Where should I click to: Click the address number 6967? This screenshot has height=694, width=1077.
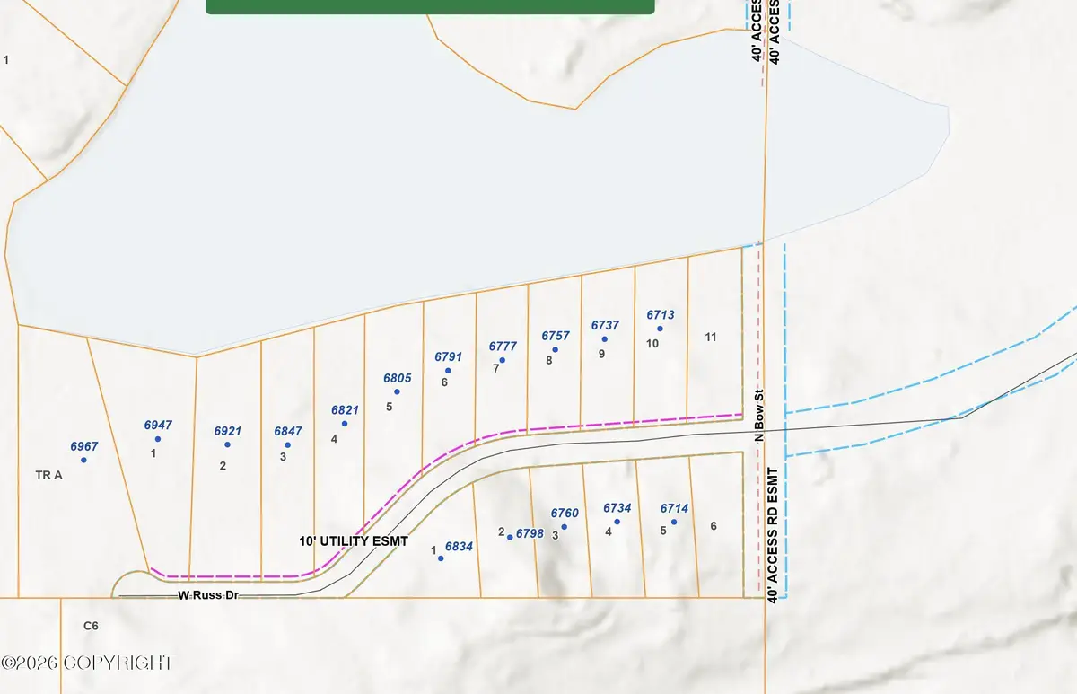(84, 445)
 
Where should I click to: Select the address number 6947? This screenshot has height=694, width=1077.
(158, 425)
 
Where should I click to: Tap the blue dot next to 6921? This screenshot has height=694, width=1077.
(227, 444)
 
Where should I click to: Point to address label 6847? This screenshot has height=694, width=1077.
(288, 431)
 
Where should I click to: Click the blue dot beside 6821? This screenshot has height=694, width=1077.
(345, 424)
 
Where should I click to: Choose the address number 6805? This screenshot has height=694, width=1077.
(398, 378)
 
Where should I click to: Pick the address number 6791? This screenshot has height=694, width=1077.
(448, 356)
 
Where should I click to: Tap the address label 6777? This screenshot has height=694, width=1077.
(503, 346)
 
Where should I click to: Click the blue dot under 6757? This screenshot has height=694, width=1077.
(556, 350)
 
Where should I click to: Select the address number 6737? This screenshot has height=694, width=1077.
(605, 325)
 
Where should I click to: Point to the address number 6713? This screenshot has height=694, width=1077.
(660, 315)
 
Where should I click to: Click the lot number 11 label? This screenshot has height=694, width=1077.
(711, 338)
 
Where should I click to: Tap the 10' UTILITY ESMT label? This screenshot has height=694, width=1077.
(354, 542)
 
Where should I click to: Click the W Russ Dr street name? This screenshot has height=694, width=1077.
(208, 594)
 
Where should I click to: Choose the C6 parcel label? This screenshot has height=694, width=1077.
(90, 625)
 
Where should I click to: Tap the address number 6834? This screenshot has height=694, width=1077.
(459, 546)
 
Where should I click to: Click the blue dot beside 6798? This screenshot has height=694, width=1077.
(510, 537)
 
